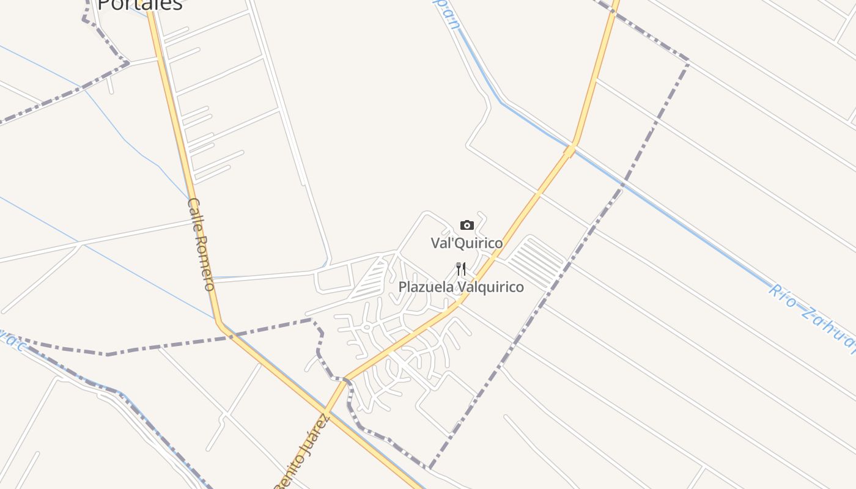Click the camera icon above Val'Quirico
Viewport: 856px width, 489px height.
tap(467, 225)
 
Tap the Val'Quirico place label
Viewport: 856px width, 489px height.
tap(467, 243)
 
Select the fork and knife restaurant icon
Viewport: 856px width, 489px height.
tap(461, 268)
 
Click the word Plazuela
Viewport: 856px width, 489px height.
tap(426, 287)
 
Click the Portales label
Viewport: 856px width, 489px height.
tap(140, 5)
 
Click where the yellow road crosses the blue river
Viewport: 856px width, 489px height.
tap(571, 148)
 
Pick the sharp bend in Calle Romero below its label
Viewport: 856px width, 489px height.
tap(219, 323)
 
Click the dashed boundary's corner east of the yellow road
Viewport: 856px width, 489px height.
tap(688, 62)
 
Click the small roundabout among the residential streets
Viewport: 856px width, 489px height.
tap(366, 328)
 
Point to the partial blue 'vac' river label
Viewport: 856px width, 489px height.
tap(13, 343)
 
